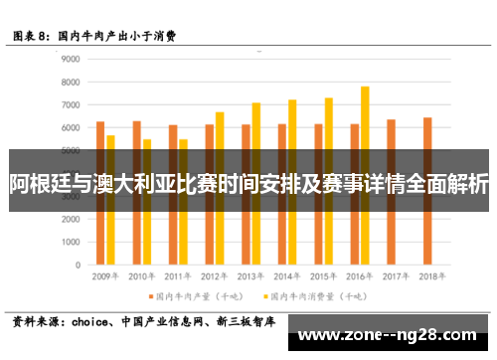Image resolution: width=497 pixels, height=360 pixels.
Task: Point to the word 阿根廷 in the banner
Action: click(37, 184)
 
